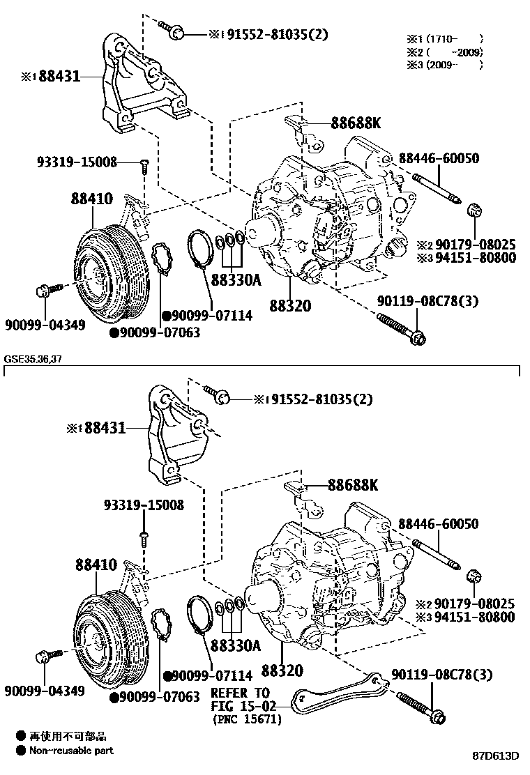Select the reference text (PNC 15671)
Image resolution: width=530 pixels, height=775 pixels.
[x=247, y=719]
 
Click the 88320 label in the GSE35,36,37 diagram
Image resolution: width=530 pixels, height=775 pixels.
[x=282, y=670]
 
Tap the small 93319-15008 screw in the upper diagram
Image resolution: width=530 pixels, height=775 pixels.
[x=144, y=165]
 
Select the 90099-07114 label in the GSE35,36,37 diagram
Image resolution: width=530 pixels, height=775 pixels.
[x=207, y=676]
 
